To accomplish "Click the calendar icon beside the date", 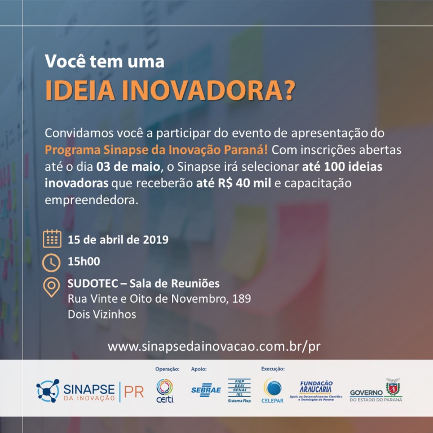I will tap(52, 238).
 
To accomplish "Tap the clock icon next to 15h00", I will tap(52, 262).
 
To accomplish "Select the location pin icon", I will tap(52, 288).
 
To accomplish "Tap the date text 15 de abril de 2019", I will tap(118, 239).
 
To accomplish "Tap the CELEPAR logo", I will tap(274, 390).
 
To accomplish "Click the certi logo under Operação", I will tap(164, 390).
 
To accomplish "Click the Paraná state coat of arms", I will tap(392, 387).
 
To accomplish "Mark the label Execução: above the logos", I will tap(272, 369).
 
